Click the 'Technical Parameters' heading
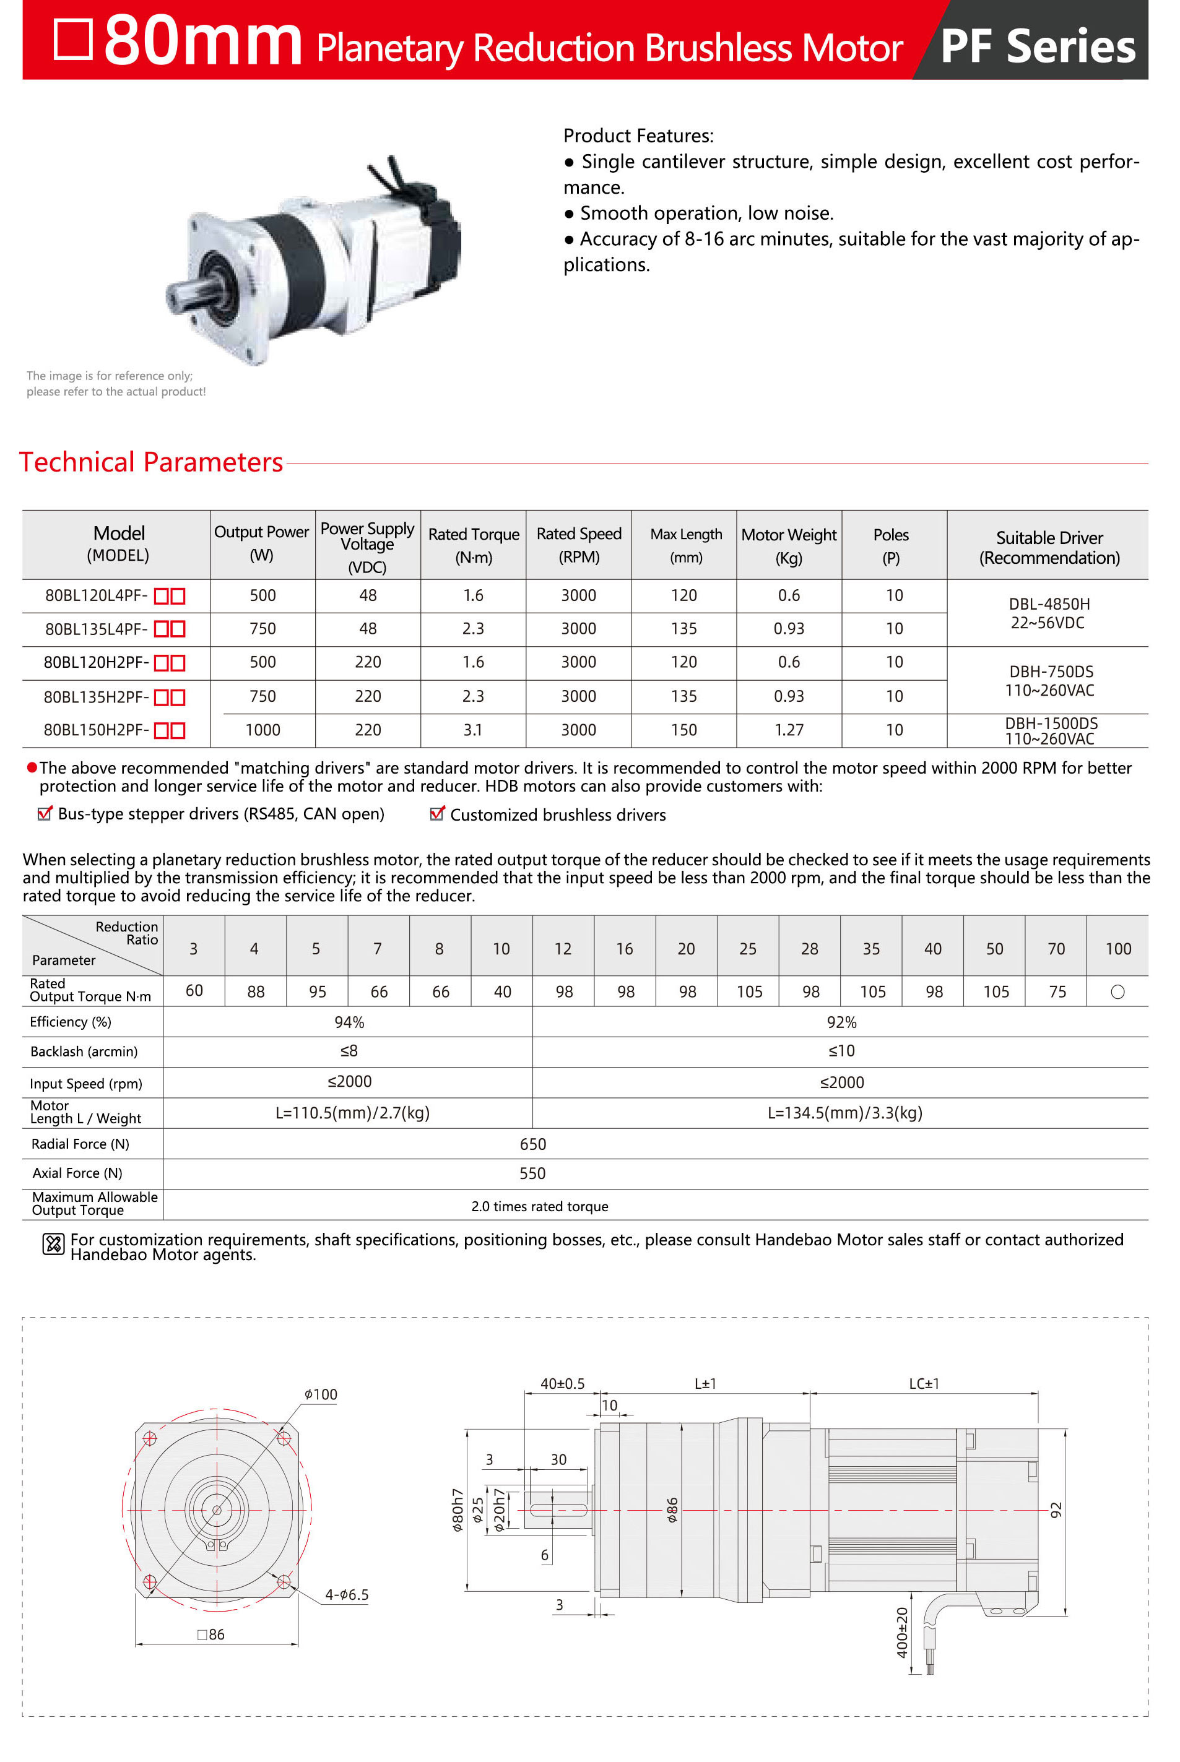point(150,462)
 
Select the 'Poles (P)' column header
point(891,545)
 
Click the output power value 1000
point(262,730)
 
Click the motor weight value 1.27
point(789,730)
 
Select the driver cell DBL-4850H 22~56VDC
point(1048,613)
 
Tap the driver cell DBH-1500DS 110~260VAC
point(1051,730)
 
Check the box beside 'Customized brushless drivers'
point(436,814)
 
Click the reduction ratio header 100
point(1117,949)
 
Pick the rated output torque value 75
point(1057,991)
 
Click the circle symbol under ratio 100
point(1117,991)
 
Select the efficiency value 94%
point(349,1022)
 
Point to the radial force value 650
point(533,1144)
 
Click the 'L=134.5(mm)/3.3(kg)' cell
point(844,1113)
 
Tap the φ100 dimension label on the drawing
point(321,1394)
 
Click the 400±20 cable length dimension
point(901,1633)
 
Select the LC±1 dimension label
point(923,1384)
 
